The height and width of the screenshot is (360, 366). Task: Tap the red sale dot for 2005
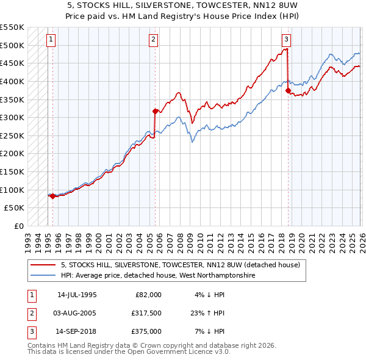[x=155, y=111]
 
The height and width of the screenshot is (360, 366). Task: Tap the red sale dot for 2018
[x=288, y=90]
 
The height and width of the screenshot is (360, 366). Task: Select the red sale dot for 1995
[x=52, y=196]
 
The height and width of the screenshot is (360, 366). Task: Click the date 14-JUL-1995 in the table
[x=77, y=295]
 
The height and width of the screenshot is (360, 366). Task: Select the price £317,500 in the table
[x=146, y=313]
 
